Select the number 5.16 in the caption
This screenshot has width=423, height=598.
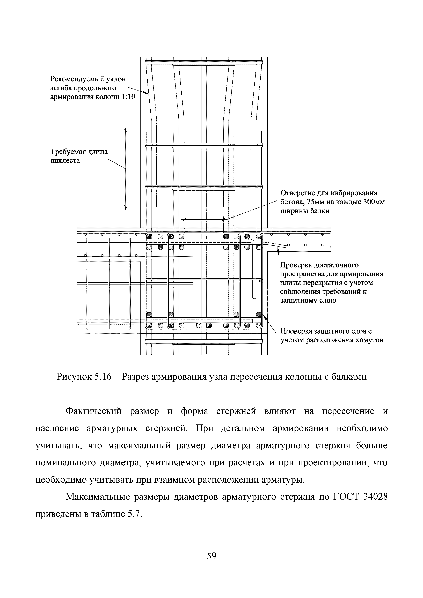tap(105, 377)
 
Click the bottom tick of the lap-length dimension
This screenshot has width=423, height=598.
tap(125, 207)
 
